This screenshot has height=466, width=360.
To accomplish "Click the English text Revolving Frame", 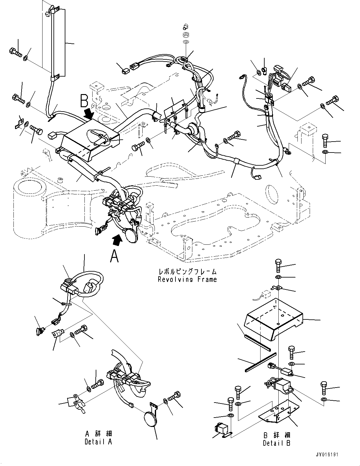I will tap(187, 279).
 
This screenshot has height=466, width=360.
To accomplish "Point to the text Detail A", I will tap(98, 442).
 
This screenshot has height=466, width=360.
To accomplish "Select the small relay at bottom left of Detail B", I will tap(225, 428).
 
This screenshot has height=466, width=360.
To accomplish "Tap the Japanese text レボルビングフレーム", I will tap(187, 272).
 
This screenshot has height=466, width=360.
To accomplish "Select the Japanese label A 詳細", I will tap(98, 434).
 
